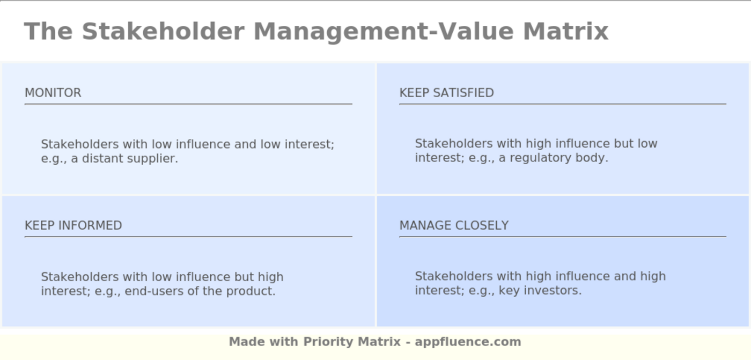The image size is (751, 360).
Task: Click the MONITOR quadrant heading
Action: [53, 93]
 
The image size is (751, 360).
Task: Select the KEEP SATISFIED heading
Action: [446, 93]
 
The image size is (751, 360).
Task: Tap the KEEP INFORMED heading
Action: [73, 225]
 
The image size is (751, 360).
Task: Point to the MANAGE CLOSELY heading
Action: [454, 225]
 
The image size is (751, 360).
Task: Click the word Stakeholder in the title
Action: [163, 31]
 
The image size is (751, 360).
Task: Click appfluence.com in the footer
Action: [468, 342]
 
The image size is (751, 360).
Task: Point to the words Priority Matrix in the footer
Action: [352, 342]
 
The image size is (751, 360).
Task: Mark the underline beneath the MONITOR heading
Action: [188, 104]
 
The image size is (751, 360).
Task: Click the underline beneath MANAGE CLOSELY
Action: [562, 237]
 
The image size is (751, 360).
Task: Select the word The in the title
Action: [48, 31]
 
